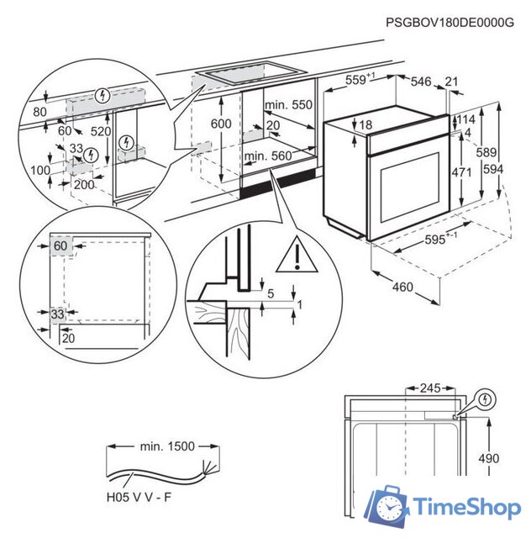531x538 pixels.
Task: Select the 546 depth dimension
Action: [x=422, y=82]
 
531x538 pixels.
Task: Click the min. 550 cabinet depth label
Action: [x=287, y=105]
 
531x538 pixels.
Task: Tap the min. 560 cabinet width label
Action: [x=267, y=156]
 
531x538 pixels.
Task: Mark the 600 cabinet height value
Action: [x=220, y=124]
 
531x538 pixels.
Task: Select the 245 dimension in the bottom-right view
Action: [x=430, y=389]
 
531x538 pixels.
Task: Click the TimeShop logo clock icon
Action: [x=392, y=507]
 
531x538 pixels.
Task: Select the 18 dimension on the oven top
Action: [x=365, y=125]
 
